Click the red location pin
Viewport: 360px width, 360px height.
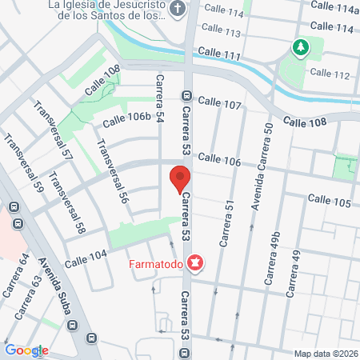point(179,179)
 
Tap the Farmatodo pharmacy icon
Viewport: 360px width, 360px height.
point(194,262)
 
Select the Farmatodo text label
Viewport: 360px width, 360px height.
point(156,262)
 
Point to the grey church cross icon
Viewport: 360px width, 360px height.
point(178,10)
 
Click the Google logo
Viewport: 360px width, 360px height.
point(26,350)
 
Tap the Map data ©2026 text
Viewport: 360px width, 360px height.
point(326,354)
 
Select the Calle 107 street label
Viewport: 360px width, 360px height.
point(220,104)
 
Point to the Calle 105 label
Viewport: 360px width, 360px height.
point(329,199)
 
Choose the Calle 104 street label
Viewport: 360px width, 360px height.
point(86,258)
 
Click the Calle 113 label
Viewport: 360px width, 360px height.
point(222,33)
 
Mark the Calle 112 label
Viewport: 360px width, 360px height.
point(330,74)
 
